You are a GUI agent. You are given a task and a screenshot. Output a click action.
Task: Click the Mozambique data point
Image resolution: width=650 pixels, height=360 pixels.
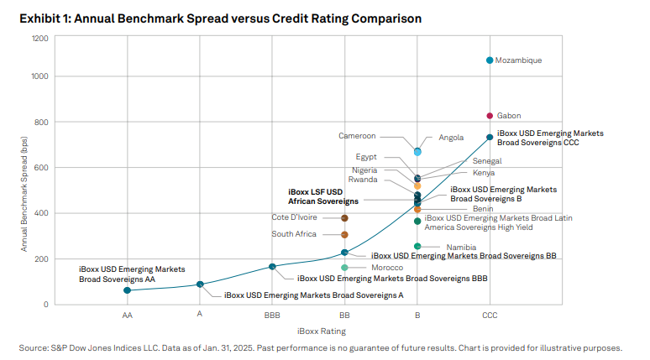490,60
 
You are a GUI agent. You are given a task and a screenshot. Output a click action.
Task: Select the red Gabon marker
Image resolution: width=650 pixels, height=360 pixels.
490,116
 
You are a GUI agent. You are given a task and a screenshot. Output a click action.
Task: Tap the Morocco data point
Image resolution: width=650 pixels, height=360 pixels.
344,268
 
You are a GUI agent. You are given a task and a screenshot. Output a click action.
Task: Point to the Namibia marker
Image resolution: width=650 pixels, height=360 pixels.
417,247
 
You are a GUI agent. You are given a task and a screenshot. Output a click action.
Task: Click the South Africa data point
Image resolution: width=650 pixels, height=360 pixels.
344,234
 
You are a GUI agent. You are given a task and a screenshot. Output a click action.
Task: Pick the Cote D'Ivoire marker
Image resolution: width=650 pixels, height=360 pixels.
344,218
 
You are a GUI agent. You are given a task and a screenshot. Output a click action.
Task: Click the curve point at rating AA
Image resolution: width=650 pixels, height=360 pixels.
127,290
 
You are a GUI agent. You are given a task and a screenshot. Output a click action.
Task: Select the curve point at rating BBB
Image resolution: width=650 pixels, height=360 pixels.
272,267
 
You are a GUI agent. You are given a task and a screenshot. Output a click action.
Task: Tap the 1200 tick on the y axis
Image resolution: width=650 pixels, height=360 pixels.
39,39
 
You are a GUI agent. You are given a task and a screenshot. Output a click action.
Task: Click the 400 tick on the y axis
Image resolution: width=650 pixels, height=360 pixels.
39,213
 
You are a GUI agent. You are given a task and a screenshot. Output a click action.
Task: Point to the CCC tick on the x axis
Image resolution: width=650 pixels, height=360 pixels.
490,316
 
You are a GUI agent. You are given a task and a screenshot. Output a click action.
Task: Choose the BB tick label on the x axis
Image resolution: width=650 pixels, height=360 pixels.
344,316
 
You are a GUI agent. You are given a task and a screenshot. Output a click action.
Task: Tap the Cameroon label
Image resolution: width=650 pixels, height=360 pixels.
357,136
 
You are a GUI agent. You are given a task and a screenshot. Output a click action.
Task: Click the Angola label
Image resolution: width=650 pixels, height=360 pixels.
451,138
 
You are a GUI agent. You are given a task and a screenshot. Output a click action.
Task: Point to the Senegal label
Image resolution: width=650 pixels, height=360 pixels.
487,160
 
